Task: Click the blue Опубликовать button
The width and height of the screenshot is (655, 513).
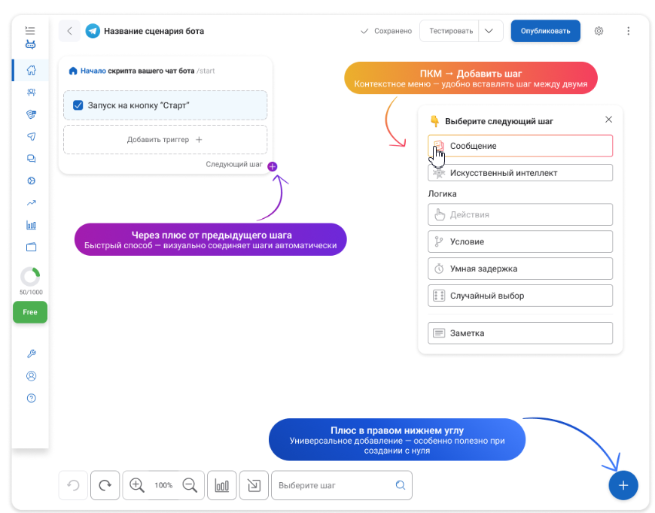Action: [545, 31]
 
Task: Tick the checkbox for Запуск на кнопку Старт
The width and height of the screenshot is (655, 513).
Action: [78, 105]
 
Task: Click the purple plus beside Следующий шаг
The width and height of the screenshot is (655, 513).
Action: [273, 166]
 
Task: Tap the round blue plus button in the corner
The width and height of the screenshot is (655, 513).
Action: [623, 485]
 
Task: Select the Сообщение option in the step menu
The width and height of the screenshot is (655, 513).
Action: [520, 146]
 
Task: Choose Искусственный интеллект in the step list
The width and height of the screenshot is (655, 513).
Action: [520, 173]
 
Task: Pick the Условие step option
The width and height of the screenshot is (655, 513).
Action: [520, 241]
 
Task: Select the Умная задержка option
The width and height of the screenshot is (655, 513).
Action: [520, 269]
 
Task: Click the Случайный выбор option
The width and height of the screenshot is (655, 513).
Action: [520, 296]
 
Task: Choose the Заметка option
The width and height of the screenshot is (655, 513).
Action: [520, 333]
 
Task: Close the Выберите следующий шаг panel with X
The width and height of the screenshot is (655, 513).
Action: [608, 120]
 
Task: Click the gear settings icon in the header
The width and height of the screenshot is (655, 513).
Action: [599, 31]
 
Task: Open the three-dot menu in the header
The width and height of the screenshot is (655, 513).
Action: [628, 31]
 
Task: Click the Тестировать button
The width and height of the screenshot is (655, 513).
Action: [451, 31]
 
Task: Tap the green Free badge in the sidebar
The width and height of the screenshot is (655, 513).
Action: [30, 312]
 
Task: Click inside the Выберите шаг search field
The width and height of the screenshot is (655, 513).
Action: [334, 485]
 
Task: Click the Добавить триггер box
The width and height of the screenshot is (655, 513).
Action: [165, 139]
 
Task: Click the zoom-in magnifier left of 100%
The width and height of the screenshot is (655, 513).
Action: [136, 485]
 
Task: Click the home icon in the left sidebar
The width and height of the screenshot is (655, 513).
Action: [32, 70]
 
